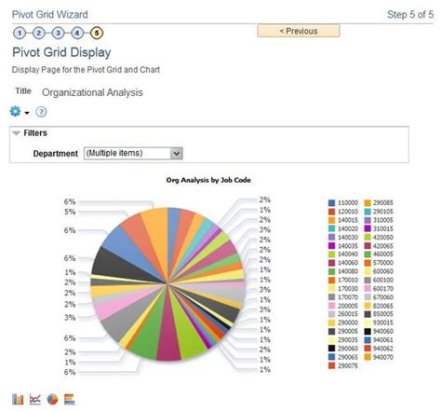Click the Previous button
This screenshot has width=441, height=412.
pos(298,31)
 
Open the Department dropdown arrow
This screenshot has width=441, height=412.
pos(177,152)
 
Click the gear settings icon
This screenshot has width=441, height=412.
pos(16,112)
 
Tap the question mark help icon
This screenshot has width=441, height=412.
pos(41,112)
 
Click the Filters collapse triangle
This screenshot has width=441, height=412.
pos(16,132)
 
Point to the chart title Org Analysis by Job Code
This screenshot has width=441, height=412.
pos(207,180)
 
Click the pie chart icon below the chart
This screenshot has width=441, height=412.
pos(52,399)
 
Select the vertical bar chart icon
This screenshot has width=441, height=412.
pos(19,399)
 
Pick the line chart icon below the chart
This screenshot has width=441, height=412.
pos(35,399)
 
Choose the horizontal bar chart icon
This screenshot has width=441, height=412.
pos(69,399)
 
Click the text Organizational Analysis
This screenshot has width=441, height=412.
pos(92,92)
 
